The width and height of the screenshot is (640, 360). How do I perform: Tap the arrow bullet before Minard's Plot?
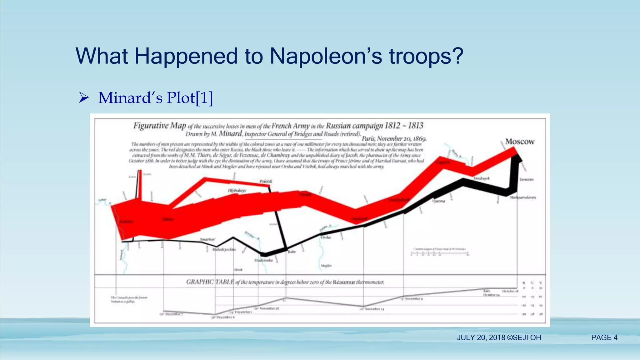pos(84,97)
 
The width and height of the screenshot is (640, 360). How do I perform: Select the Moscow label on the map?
pos(520,142)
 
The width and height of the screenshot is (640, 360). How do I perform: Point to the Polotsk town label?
pos(266,181)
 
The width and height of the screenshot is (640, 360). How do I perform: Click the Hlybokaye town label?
pos(237,190)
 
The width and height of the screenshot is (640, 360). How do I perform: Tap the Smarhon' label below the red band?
pos(207,239)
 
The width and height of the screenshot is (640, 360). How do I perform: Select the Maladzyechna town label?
pos(224,249)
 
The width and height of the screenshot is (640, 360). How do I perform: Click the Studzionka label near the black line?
pos(263,260)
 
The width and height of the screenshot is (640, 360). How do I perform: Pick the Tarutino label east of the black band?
pos(527,179)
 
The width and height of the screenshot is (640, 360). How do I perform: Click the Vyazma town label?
pos(438,201)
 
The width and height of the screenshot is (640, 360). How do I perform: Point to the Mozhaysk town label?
pos(481,178)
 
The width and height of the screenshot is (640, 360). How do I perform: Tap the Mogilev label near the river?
pos(326,266)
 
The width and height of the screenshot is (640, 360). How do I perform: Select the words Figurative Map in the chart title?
pos(160,126)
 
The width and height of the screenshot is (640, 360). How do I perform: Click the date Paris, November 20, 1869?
pos(394,138)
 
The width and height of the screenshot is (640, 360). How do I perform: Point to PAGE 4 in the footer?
pos(604,337)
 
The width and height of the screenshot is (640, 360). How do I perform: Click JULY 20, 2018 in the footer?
pos(481,337)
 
